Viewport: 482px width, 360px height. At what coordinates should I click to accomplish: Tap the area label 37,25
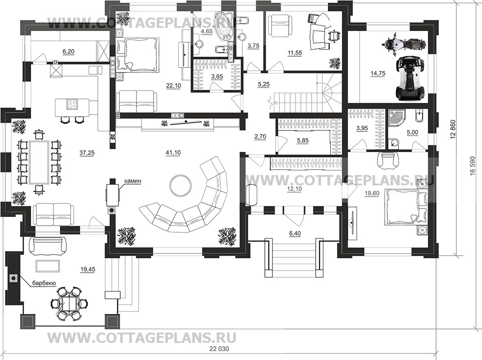(x=86, y=153)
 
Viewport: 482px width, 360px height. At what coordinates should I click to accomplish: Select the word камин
(x=133, y=181)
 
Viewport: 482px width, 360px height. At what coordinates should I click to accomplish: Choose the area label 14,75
(x=378, y=73)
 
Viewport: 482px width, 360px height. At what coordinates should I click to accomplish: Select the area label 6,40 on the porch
(x=295, y=234)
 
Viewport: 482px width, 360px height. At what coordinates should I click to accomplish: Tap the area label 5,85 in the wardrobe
(x=303, y=141)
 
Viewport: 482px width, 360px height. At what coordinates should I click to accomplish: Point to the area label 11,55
(x=295, y=53)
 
